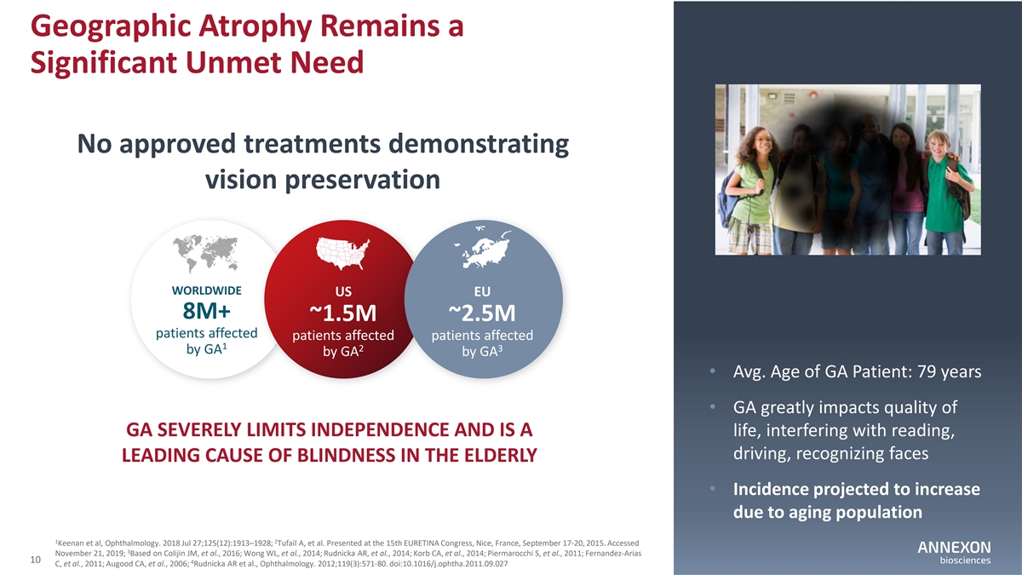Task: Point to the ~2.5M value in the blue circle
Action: pos(482,313)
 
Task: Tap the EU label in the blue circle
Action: pos(482,290)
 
